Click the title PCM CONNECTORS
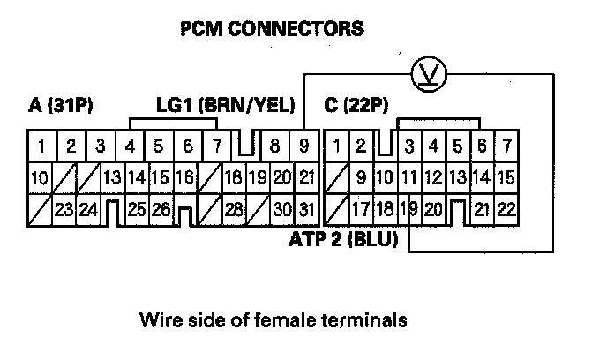(271, 29)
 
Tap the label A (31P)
(61, 107)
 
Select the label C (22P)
(356, 107)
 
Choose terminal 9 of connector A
(304, 146)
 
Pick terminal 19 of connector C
(408, 210)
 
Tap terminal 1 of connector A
(41, 146)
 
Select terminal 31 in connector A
(304, 210)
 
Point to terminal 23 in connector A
(64, 210)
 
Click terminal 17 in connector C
(360, 210)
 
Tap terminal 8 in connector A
(275, 146)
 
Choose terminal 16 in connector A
(184, 177)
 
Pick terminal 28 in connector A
(233, 210)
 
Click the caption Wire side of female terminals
(272, 319)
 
